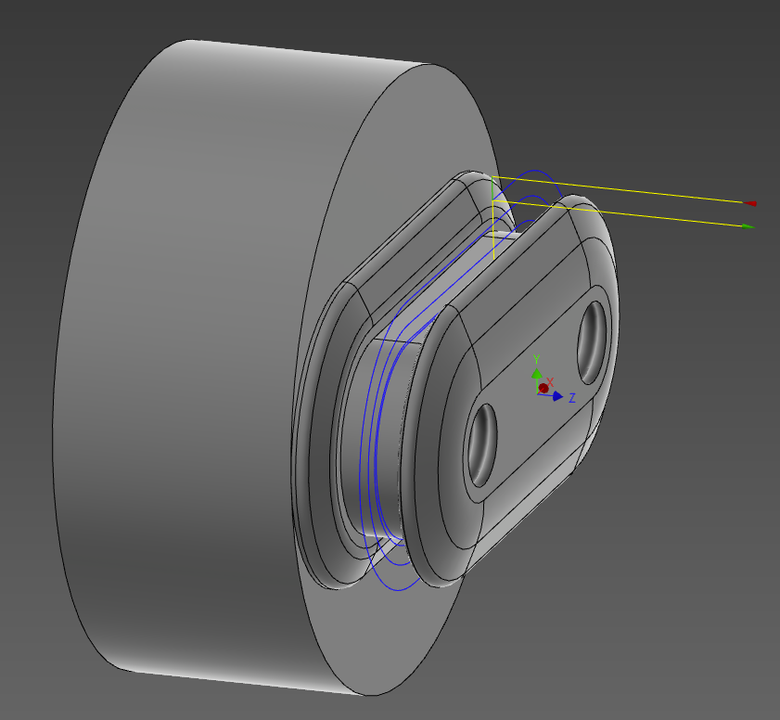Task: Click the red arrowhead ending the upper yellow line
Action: coord(750,202)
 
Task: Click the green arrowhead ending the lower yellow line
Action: coord(748,226)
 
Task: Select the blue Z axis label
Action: coord(572,398)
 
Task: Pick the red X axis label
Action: coord(550,381)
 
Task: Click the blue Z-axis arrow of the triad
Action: coord(556,396)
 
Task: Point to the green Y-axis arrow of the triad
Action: coord(535,373)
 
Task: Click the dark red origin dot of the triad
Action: coord(543,388)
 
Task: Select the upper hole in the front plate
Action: coord(591,342)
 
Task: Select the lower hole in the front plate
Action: coord(483,444)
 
